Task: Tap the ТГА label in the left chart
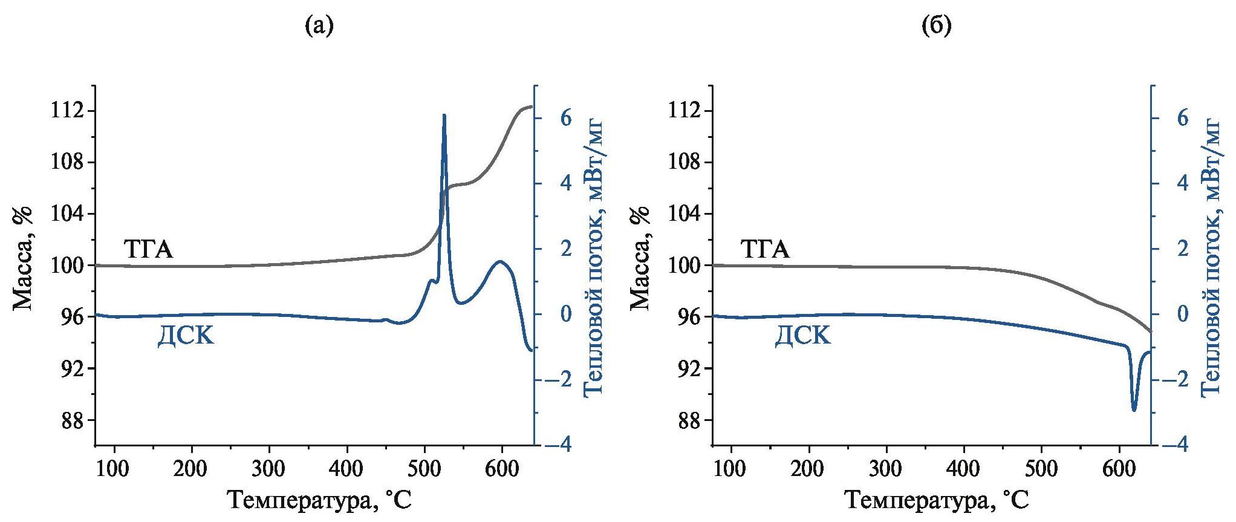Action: click(x=148, y=249)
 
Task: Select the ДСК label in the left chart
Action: click(x=186, y=334)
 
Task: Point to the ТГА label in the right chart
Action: click(x=765, y=249)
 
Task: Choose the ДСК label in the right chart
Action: click(x=802, y=334)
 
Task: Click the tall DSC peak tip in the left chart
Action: click(x=444, y=115)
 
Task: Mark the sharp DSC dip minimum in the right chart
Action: click(x=1134, y=410)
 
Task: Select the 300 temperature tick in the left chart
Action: click(x=269, y=468)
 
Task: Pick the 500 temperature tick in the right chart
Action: click(x=1041, y=468)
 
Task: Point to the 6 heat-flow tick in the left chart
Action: click(x=565, y=118)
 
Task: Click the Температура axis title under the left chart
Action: click(x=319, y=501)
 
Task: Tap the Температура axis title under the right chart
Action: click(x=936, y=501)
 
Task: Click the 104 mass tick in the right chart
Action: click(x=685, y=214)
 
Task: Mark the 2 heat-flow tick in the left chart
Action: click(x=565, y=249)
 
